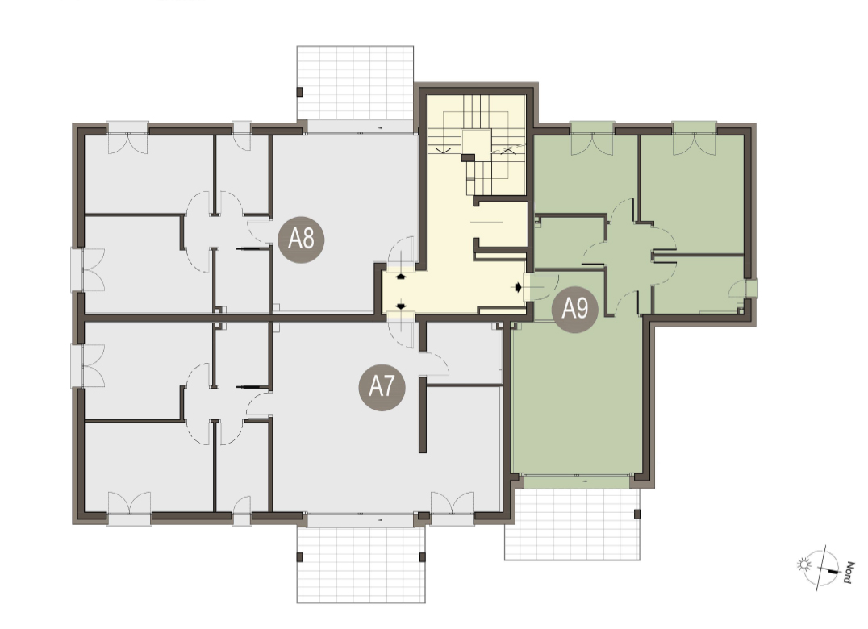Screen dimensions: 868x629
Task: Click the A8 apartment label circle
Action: point(301,239)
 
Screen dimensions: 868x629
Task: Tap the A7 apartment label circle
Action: point(382,387)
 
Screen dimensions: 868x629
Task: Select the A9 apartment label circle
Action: point(574,309)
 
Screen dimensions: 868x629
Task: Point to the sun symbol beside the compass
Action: point(803,564)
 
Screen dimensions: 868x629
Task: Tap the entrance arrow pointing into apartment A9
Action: point(518,287)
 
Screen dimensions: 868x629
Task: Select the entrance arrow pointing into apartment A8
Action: point(400,277)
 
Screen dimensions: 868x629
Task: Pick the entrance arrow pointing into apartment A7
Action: point(400,306)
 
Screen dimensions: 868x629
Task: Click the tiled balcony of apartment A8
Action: point(356,82)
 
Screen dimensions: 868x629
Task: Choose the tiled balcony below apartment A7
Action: point(361,564)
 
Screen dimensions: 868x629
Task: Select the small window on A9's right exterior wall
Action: point(751,289)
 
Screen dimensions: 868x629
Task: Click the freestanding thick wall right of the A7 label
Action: point(423,415)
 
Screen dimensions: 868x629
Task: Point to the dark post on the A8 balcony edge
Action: point(299,93)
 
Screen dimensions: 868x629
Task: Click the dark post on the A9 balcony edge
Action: point(637,514)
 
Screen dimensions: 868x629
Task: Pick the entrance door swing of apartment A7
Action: point(401,334)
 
